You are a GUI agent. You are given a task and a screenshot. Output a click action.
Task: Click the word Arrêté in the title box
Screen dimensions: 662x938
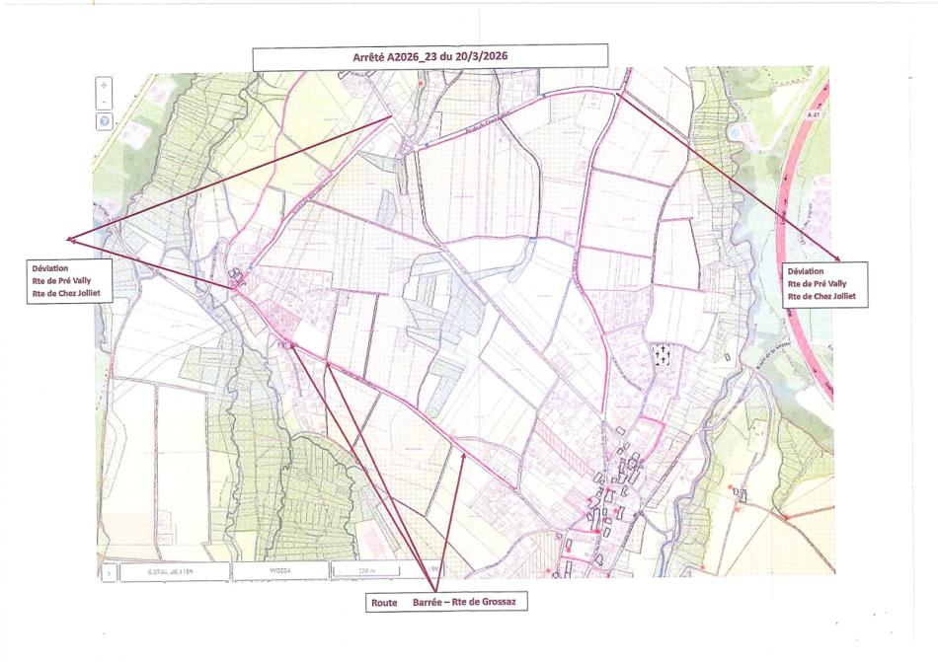coord(370,57)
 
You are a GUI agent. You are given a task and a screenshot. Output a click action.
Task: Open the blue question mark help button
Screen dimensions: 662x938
coord(105,120)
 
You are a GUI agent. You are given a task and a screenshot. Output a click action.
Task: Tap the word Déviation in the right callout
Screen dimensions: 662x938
coord(806,270)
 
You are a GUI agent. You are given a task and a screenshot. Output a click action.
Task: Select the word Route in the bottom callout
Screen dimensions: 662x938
coord(384,602)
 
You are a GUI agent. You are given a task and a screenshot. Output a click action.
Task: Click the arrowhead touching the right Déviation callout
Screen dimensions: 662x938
coord(837,257)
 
